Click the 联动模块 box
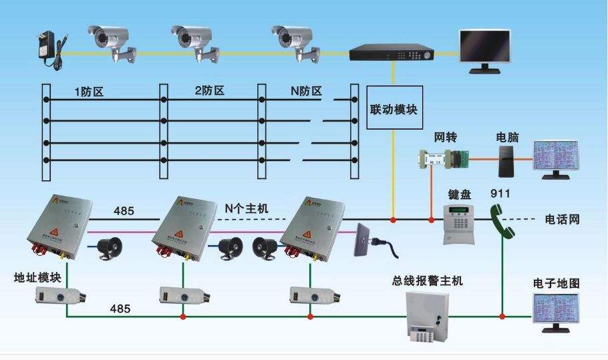point(394,108)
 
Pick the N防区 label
point(299,90)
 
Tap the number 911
point(500,194)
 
